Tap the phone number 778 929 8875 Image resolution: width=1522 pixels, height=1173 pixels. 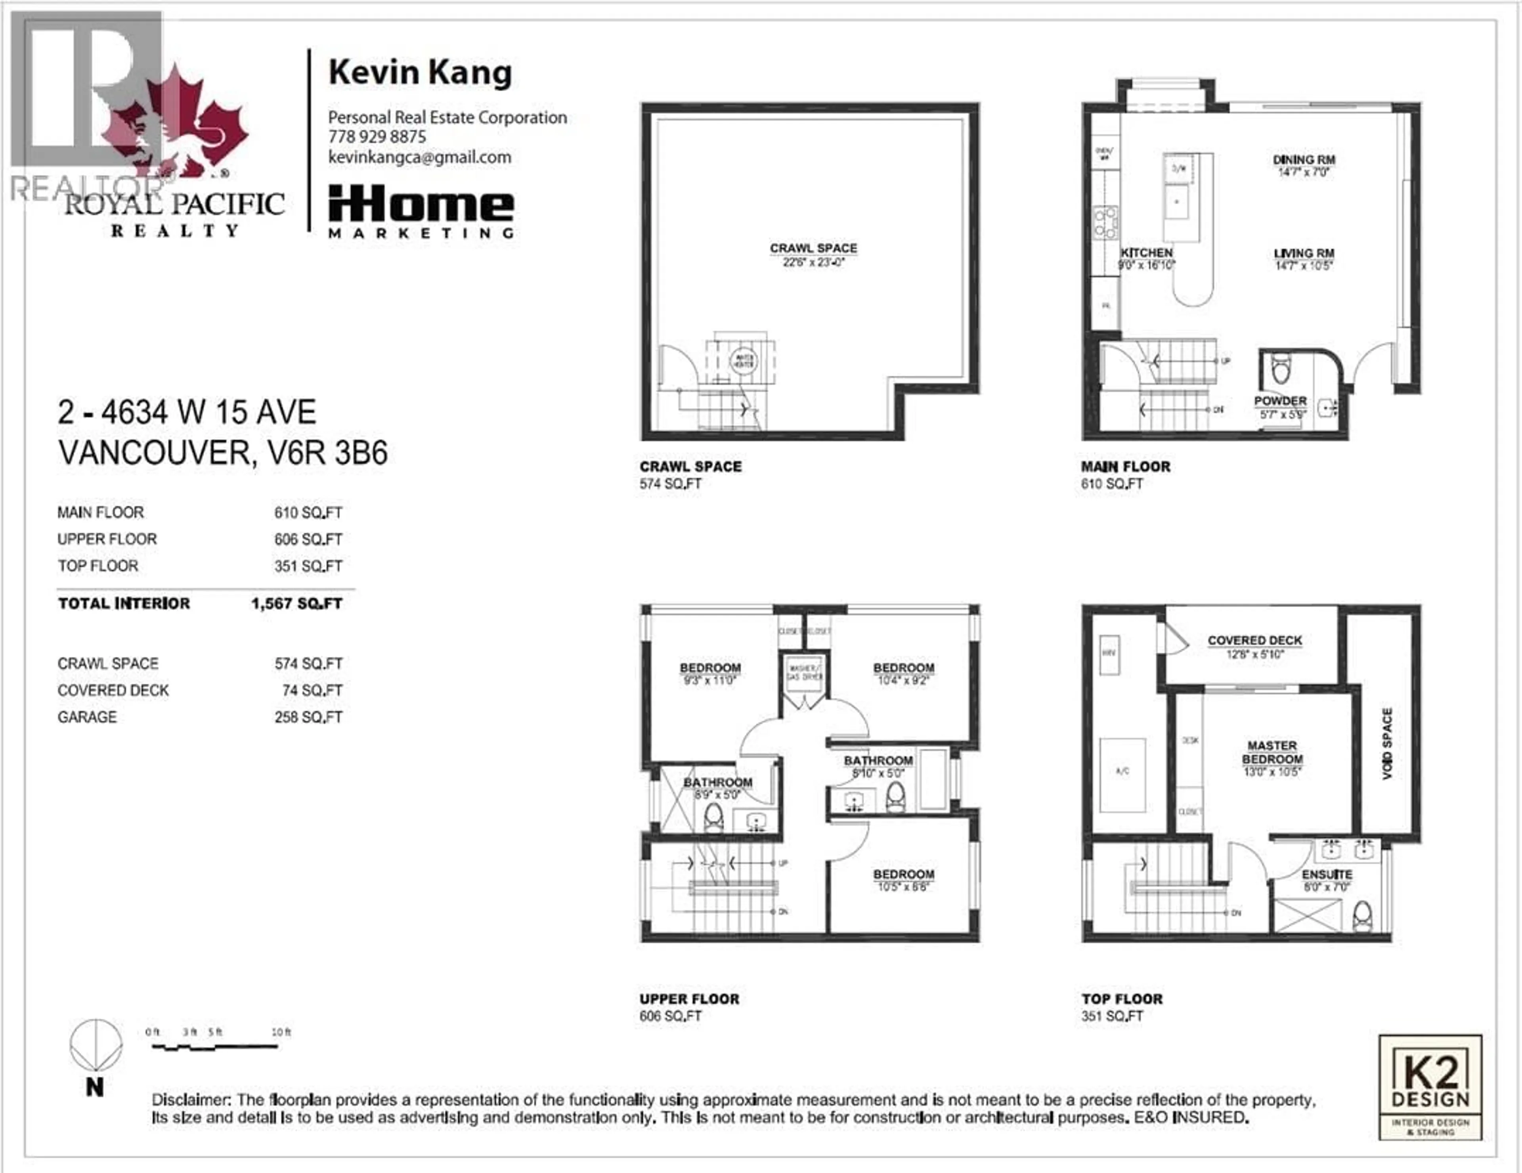(x=377, y=137)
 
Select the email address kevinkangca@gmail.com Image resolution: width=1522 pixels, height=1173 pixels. (x=419, y=157)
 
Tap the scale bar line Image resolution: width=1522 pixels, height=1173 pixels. (x=215, y=1047)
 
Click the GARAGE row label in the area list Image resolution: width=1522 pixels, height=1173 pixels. (x=87, y=717)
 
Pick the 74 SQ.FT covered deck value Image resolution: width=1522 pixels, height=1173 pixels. (x=308, y=691)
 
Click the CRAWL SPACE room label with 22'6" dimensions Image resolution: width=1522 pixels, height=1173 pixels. (x=813, y=249)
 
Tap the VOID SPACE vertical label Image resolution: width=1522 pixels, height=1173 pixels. (x=1387, y=744)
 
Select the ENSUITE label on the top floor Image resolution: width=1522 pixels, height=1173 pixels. (x=1327, y=874)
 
